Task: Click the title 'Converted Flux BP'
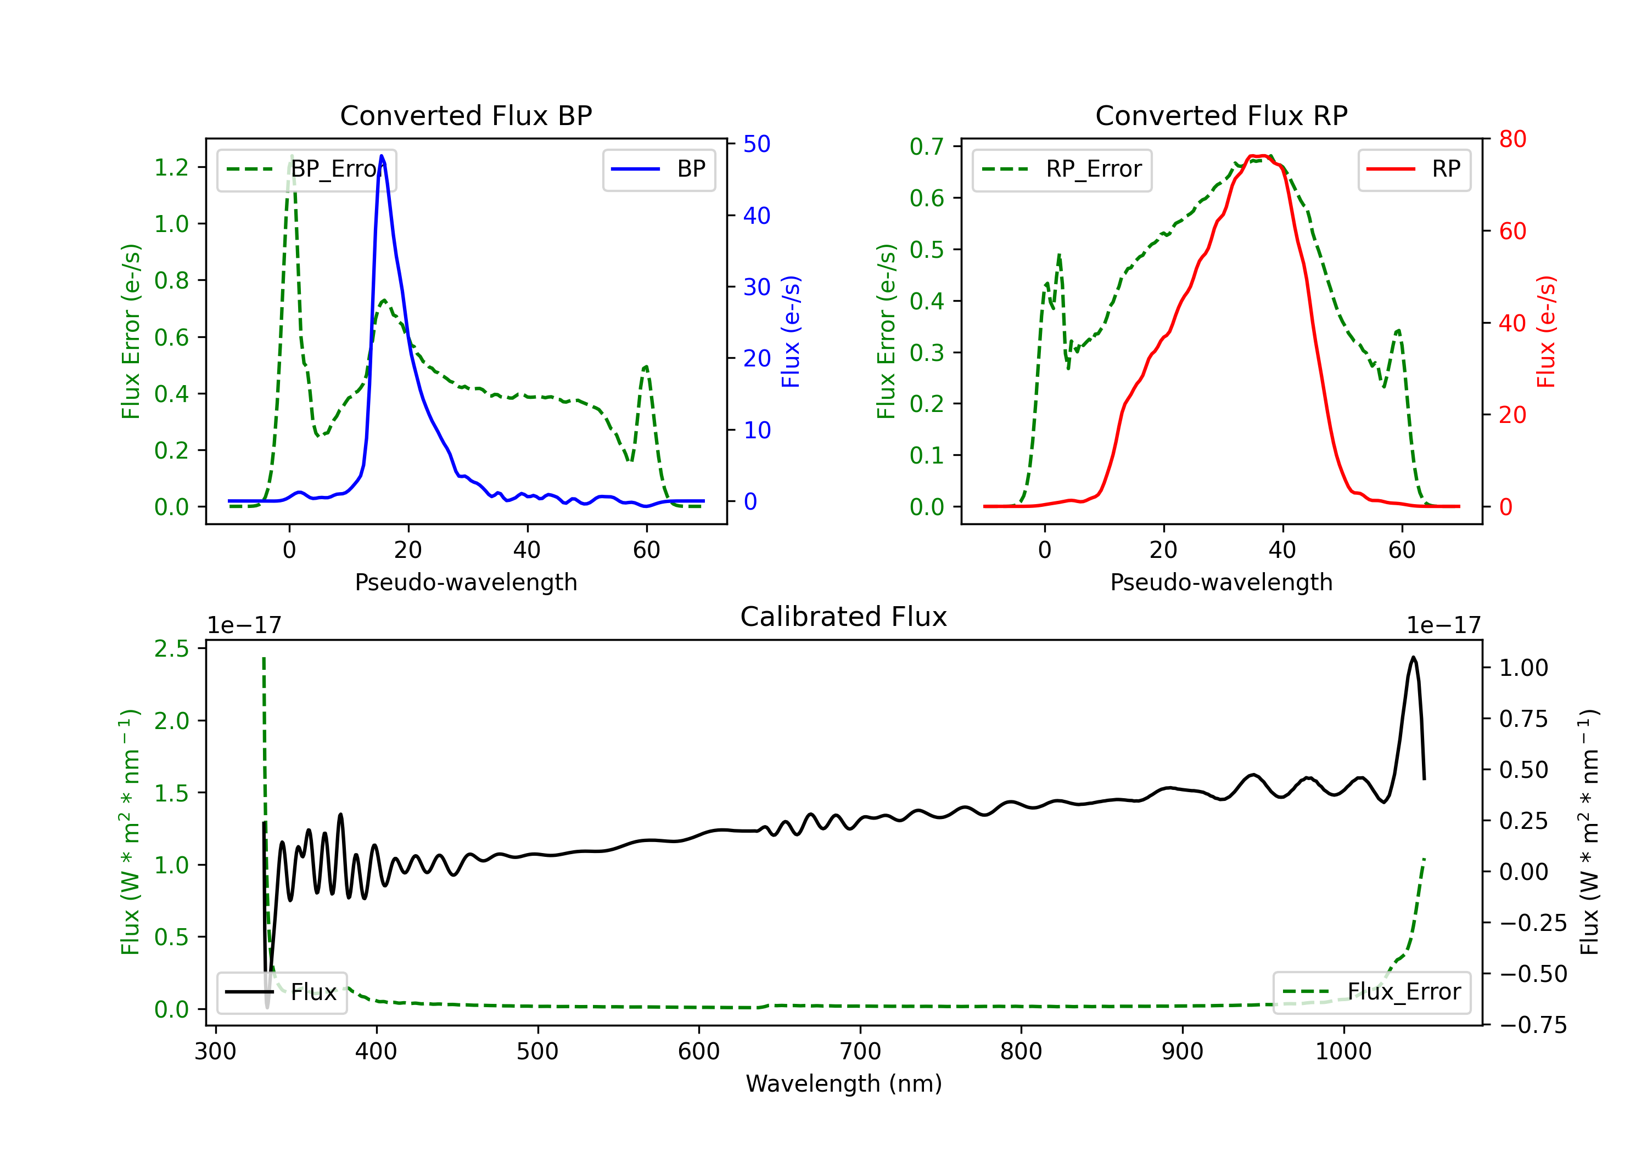[x=466, y=115]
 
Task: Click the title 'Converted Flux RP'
[x=1222, y=115]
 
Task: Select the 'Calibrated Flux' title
[x=844, y=617]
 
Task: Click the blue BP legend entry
[x=658, y=169]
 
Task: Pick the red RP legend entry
[x=1414, y=169]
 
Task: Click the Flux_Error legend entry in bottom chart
[x=1371, y=992]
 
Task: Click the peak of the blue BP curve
[x=382, y=156]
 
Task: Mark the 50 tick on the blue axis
[x=757, y=144]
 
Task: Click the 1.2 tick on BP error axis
[x=171, y=168]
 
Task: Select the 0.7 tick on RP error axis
[x=927, y=147]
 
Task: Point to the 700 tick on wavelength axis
[x=860, y=1052]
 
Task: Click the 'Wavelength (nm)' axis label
[x=844, y=1084]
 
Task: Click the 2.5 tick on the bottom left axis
[x=171, y=649]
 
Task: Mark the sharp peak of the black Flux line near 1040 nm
[x=1413, y=657]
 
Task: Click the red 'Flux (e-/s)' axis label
[x=1546, y=332]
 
